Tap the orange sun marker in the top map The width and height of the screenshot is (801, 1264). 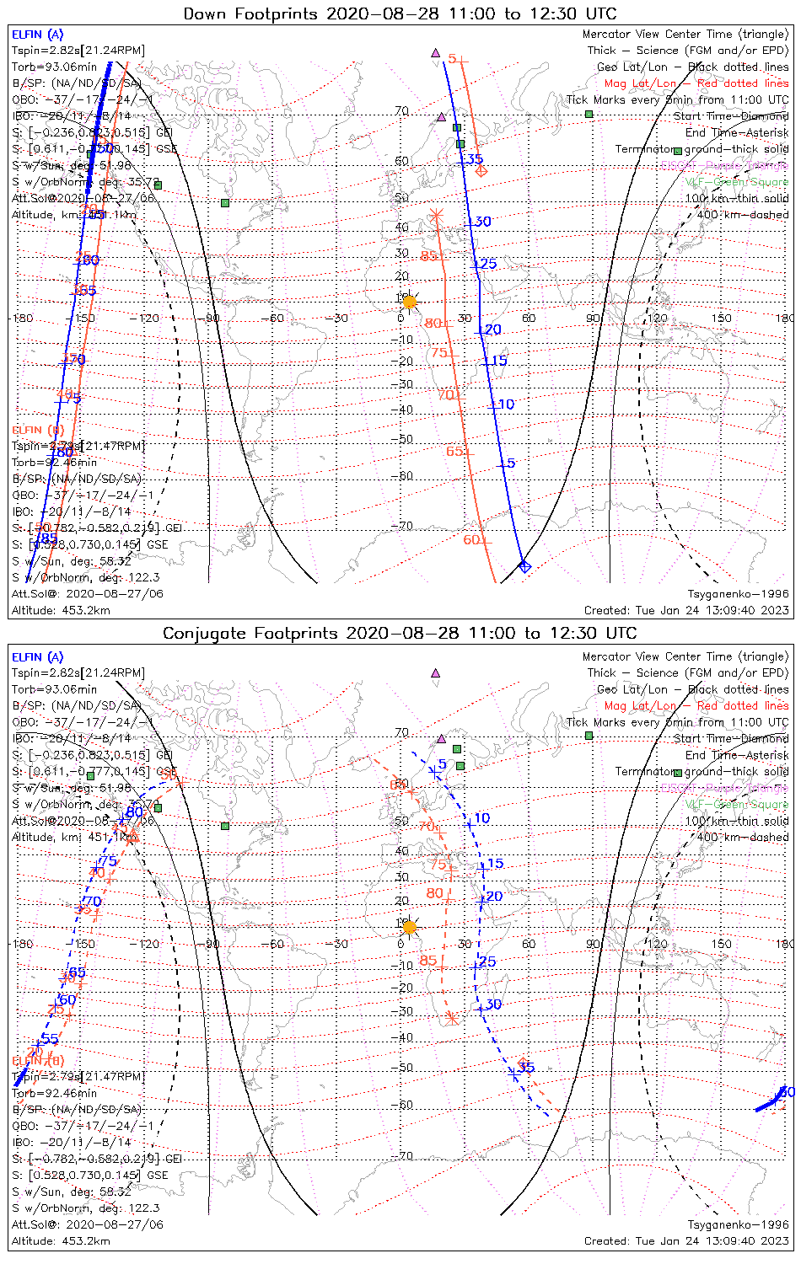pos(410,302)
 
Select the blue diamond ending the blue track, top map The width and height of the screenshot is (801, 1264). pos(524,566)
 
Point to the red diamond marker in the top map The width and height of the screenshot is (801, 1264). pos(481,171)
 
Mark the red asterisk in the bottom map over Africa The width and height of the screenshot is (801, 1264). pos(452,1018)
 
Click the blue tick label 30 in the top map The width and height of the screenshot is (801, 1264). pos(482,222)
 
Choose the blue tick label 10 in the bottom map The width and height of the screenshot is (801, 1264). pos(481,818)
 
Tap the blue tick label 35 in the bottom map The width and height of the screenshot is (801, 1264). pos(526,1068)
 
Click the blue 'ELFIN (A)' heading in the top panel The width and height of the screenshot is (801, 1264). pos(37,35)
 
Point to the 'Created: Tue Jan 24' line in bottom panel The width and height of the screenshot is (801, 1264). pos(686,1241)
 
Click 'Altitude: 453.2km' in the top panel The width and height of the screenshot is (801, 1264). pos(61,610)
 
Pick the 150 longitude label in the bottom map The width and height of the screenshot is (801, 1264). pos(721,944)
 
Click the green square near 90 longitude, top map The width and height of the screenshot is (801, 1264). pos(589,114)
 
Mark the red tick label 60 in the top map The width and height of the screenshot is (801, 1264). pos(471,539)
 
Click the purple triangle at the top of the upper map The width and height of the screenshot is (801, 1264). pos(435,53)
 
